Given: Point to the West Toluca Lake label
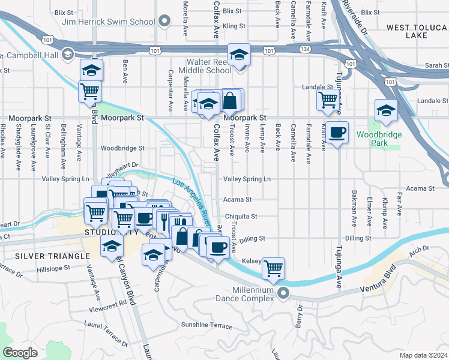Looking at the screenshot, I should click(415, 31).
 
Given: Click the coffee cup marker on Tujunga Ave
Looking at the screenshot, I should click(337, 131).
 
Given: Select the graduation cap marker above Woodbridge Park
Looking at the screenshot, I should click(385, 110).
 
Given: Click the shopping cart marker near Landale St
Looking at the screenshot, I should click(328, 99).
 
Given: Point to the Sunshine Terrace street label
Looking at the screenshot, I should click(206, 325).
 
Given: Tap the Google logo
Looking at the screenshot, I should click(20, 352).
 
